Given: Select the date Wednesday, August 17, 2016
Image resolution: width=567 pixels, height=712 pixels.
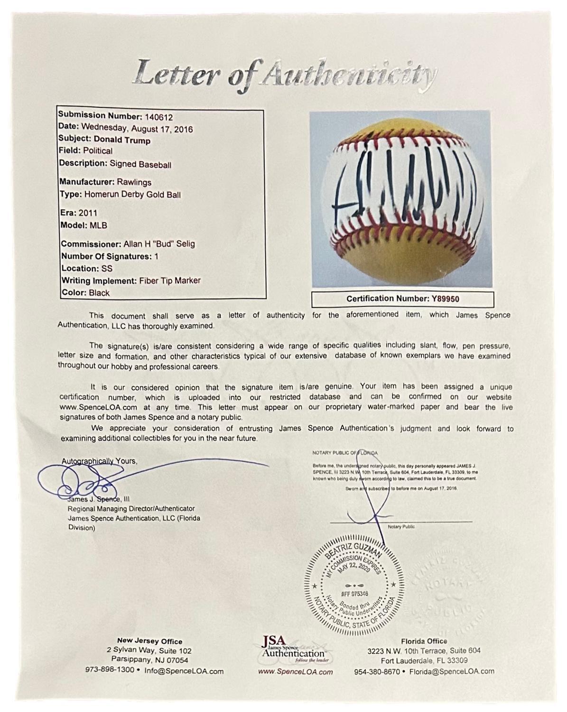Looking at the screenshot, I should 137,129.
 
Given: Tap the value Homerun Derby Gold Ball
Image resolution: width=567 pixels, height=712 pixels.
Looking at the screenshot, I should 132,194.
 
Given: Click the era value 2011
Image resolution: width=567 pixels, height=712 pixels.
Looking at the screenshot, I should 88,213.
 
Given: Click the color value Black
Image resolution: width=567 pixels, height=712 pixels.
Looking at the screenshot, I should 99,293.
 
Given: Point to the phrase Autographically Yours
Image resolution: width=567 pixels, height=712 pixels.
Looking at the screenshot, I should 99,461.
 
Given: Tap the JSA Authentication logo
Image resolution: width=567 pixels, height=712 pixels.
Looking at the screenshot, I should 293,650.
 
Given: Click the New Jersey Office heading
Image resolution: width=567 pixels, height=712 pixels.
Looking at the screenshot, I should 149,641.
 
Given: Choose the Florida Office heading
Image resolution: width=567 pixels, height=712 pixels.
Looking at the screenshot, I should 424,641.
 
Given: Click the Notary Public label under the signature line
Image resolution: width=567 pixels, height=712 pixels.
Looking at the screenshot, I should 401,527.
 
